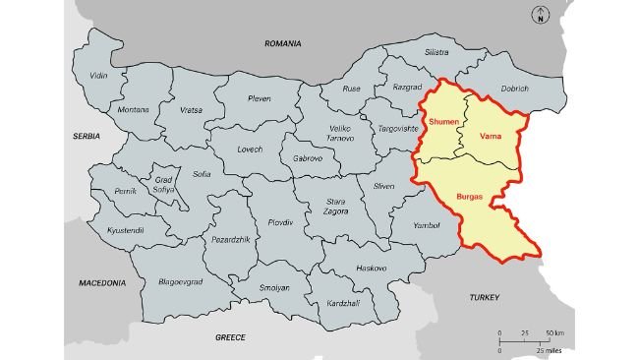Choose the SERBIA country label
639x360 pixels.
pos(87,135)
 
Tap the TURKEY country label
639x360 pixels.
pos(484,296)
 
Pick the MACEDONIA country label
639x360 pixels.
pos(102,282)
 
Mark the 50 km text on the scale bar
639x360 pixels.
pos(554,334)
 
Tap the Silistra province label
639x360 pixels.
pos(436,52)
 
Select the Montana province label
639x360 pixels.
pos(133,109)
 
